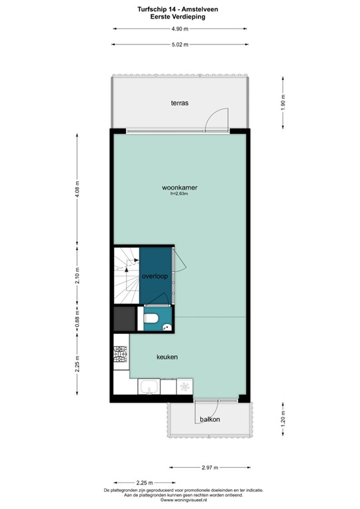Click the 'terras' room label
[x=180, y=103]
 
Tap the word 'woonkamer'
[x=180, y=188]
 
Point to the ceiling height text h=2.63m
[x=180, y=194]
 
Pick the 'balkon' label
[x=210, y=420]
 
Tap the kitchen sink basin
[x=148, y=387]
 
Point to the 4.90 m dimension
[x=180, y=29]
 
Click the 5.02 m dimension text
[x=180, y=45]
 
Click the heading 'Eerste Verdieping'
[x=180, y=17]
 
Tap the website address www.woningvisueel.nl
[x=180, y=500]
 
